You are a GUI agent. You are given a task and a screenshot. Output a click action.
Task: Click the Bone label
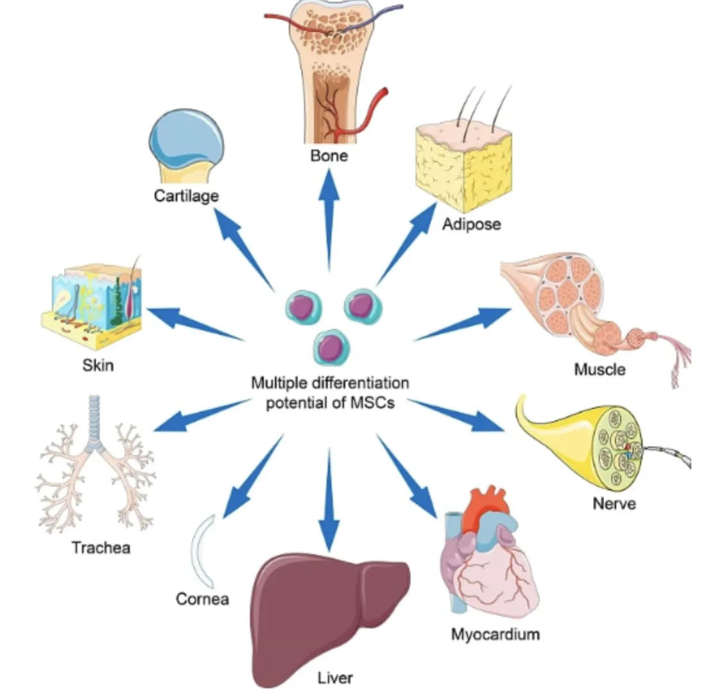(x=329, y=155)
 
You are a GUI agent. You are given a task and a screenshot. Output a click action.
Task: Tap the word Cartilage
(x=186, y=195)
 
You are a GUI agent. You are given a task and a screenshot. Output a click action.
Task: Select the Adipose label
(x=471, y=224)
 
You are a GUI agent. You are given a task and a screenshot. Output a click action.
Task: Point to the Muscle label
(x=599, y=369)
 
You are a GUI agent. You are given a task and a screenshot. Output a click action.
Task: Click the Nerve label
(x=614, y=502)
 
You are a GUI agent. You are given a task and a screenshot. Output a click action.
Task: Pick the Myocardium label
(x=495, y=634)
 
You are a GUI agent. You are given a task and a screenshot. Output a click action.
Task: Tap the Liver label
(x=335, y=677)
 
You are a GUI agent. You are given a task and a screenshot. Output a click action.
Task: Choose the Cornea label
(x=202, y=599)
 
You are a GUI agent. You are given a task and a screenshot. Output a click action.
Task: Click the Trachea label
(x=101, y=547)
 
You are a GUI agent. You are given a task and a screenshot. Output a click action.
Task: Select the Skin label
(x=98, y=365)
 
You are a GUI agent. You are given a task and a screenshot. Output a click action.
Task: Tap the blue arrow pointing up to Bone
(x=329, y=218)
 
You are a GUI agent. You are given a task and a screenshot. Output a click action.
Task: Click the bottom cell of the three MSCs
(x=332, y=347)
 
